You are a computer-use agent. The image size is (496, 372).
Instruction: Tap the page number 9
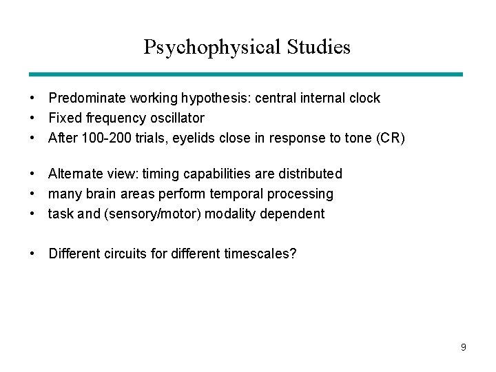click(x=464, y=347)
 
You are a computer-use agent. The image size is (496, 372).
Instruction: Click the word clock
click(x=363, y=99)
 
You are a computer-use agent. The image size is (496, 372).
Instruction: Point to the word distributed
click(x=310, y=174)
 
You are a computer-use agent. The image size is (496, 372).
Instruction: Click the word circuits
click(x=126, y=254)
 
